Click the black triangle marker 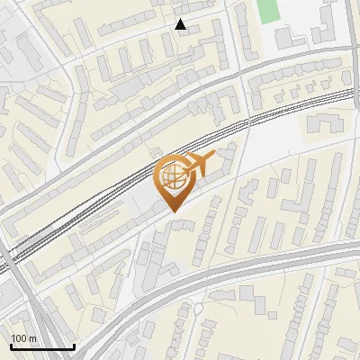(x=181, y=24)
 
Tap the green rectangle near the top (x=268, y=11)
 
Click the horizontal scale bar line (x=42, y=347)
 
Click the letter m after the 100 (x=32, y=338)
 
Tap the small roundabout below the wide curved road (x=197, y=310)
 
